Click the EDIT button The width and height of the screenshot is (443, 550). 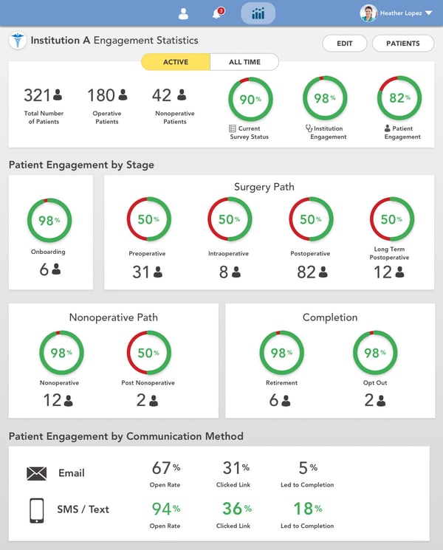coord(345,44)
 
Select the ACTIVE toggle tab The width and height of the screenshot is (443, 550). coord(176,62)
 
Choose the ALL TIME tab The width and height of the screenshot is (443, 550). coord(244,62)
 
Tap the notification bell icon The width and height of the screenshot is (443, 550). coord(217,13)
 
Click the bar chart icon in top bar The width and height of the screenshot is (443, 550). coord(258,13)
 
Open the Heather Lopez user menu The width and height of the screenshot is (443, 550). coord(396,13)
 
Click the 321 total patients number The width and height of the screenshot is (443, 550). coord(37,95)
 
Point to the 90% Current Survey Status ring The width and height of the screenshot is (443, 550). coord(250,99)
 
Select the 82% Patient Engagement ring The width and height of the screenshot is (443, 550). coord(399,99)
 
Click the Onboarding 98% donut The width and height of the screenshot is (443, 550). coord(49,220)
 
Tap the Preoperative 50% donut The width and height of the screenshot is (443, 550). coord(148,219)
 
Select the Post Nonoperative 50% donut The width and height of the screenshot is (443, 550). coord(148,353)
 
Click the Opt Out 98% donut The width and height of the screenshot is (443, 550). coord(375,353)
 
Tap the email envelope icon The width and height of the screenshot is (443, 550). coord(36,473)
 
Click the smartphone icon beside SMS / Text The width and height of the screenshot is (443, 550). coord(36,509)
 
